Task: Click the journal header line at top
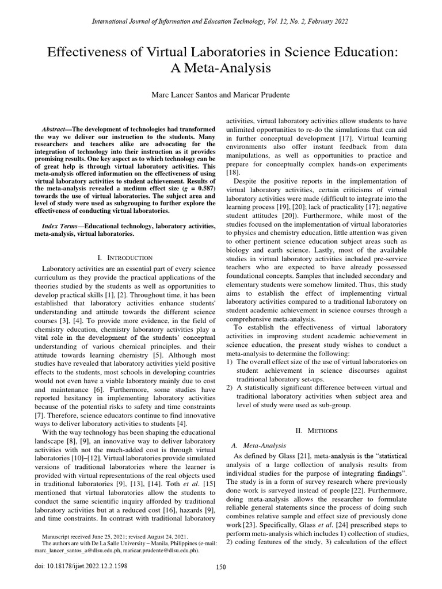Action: pyautogui.click(x=220, y=21)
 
